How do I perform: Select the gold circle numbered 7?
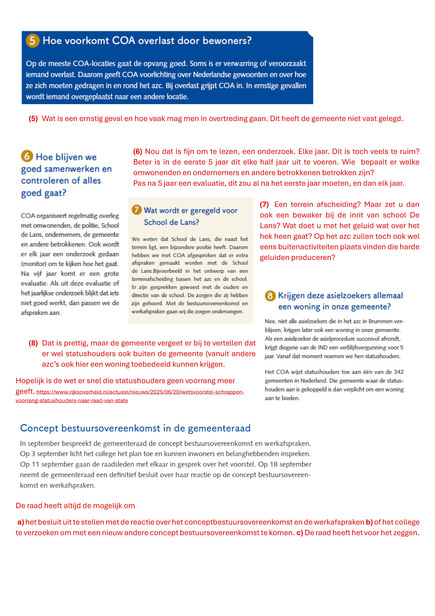[136, 210]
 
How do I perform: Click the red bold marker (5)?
[33, 119]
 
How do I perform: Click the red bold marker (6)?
[138, 152]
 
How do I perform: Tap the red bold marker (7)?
[264, 204]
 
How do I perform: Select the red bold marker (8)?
[33, 343]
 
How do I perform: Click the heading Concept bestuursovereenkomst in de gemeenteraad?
[135, 428]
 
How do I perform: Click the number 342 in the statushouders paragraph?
[399, 372]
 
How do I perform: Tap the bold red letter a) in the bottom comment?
[21, 522]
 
